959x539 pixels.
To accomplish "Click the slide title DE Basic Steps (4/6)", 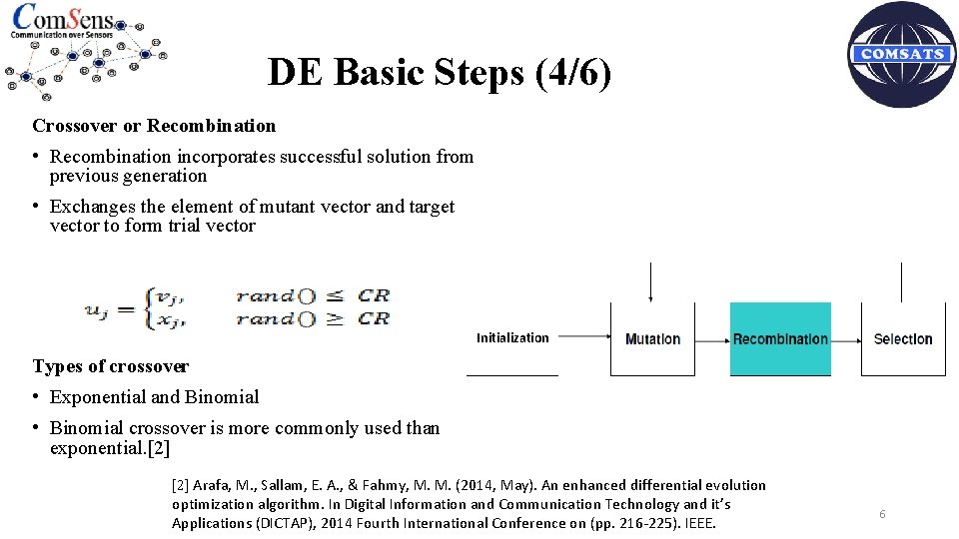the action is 440,73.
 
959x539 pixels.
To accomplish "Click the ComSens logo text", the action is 62,19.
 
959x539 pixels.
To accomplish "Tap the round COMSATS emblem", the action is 902,55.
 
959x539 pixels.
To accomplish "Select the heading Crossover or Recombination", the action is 154,126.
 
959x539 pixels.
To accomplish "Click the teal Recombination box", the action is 780,339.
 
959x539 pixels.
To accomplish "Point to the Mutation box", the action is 652,339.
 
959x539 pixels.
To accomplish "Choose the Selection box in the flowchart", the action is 903,339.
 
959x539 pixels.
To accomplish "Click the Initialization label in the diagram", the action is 512,338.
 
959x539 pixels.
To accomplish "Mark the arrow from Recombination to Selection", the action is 846,340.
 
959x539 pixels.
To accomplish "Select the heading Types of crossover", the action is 111,366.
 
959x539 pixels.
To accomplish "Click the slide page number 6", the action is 882,514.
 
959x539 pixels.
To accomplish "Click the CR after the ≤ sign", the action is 374,295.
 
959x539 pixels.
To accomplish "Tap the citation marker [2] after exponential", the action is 158,448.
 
